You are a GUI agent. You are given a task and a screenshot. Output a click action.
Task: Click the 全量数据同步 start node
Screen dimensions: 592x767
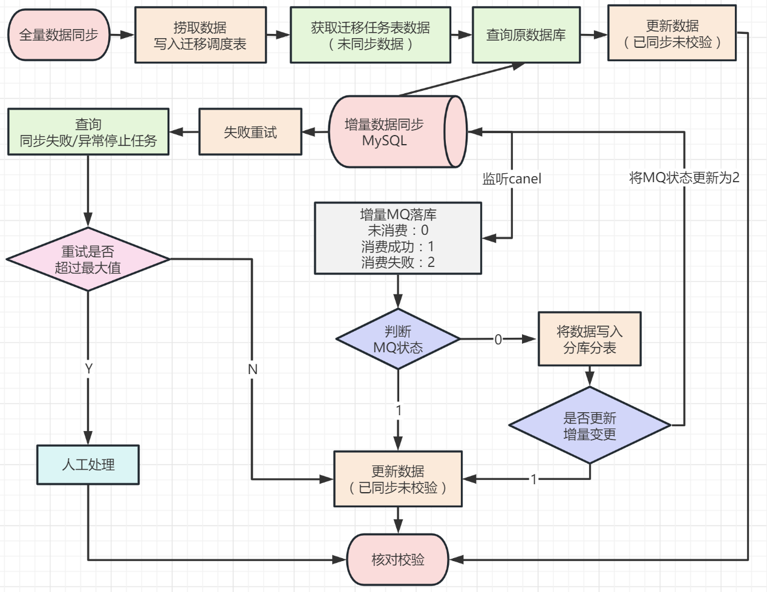59,35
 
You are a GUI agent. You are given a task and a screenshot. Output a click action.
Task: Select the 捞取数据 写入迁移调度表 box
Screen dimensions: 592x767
200,35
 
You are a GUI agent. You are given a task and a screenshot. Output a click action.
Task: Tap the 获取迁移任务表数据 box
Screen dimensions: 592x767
370,35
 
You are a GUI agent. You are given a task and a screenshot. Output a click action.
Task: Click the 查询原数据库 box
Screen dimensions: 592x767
526,35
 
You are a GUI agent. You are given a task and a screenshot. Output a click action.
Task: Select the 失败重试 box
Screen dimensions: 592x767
250,132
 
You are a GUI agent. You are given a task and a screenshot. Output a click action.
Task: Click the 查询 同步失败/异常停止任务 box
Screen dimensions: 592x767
88,132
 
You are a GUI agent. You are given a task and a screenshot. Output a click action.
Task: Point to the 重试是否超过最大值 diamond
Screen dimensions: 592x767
88,260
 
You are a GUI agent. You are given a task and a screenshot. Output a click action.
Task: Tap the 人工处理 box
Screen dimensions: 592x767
88,465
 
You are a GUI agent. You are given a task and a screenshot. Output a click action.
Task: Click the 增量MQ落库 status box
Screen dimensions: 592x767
398,238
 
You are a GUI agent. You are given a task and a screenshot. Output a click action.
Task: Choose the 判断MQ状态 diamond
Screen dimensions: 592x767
398,340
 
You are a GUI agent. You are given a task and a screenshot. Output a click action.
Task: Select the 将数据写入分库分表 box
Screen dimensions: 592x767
590,340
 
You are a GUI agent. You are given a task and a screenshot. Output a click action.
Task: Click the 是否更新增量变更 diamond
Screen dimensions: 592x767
590,426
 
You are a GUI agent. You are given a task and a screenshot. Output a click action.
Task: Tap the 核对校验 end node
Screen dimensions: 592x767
398,559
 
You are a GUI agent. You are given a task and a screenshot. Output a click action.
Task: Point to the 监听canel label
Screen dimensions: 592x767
512,179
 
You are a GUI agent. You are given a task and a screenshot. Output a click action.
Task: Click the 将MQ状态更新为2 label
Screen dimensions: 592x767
684,177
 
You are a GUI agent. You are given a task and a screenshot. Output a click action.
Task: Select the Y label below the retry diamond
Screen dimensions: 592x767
88,369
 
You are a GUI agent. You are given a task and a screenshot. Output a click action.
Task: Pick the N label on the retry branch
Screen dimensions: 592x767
252,369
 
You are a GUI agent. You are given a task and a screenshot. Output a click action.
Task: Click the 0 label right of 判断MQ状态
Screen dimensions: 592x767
498,340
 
